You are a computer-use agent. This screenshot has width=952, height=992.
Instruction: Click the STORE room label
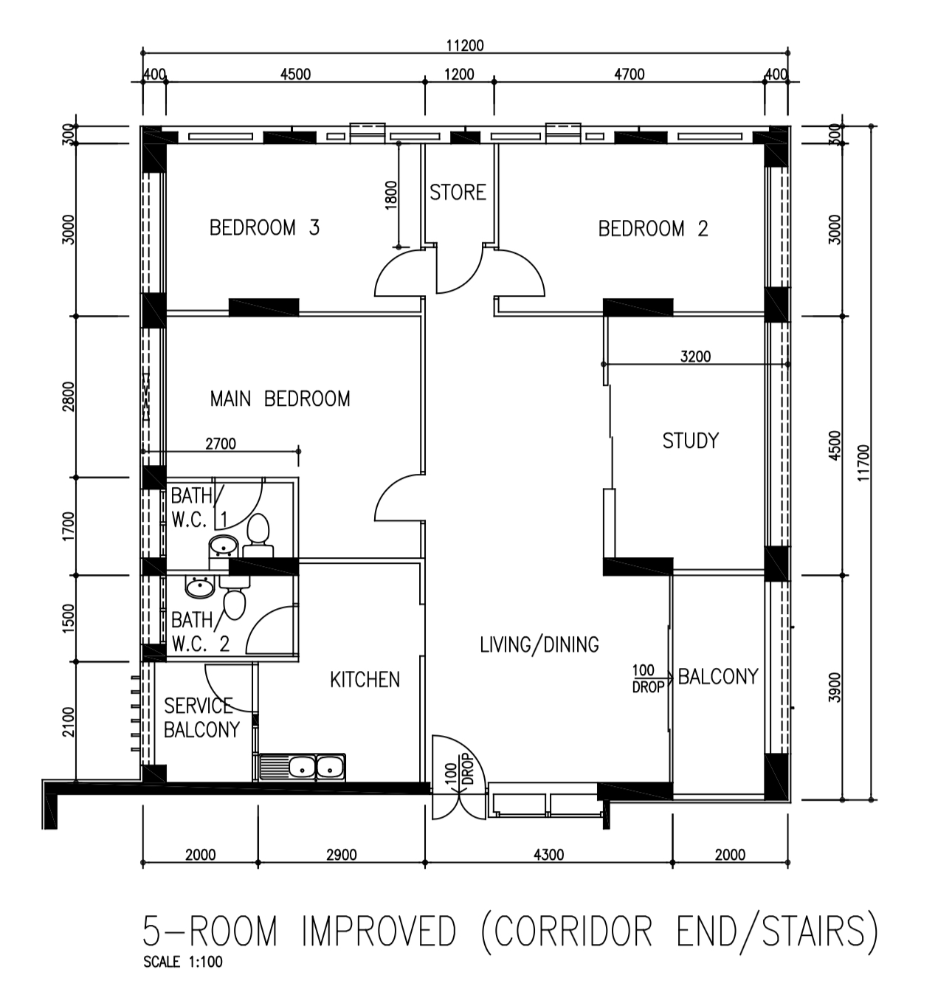458,192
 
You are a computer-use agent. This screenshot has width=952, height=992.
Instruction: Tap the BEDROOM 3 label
264,227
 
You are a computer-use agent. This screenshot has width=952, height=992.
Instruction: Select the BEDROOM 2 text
653,228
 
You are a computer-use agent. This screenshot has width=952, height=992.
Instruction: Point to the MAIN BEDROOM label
280,399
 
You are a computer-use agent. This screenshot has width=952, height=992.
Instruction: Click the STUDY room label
691,441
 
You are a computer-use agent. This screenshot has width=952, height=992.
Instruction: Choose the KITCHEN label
365,680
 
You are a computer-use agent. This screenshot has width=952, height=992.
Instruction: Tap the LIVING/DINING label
539,645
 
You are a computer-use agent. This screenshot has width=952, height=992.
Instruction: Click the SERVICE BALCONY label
201,717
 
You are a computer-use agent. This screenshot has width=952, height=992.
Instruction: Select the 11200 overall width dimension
465,45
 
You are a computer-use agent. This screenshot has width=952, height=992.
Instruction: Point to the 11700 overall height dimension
863,463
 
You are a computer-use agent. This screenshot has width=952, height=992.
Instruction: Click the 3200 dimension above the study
695,356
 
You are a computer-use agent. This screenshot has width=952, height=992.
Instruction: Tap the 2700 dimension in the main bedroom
221,444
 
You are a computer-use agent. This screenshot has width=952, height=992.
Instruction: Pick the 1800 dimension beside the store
391,195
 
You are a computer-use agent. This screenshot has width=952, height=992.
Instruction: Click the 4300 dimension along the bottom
548,855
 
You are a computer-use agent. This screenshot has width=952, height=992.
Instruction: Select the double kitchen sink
303,767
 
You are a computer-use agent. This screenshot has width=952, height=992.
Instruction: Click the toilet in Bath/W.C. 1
258,535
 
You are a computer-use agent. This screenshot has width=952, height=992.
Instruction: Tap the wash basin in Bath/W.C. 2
200,587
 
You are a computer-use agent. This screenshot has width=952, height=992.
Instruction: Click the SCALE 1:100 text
183,962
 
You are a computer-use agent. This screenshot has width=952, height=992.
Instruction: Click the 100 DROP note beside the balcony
648,678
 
